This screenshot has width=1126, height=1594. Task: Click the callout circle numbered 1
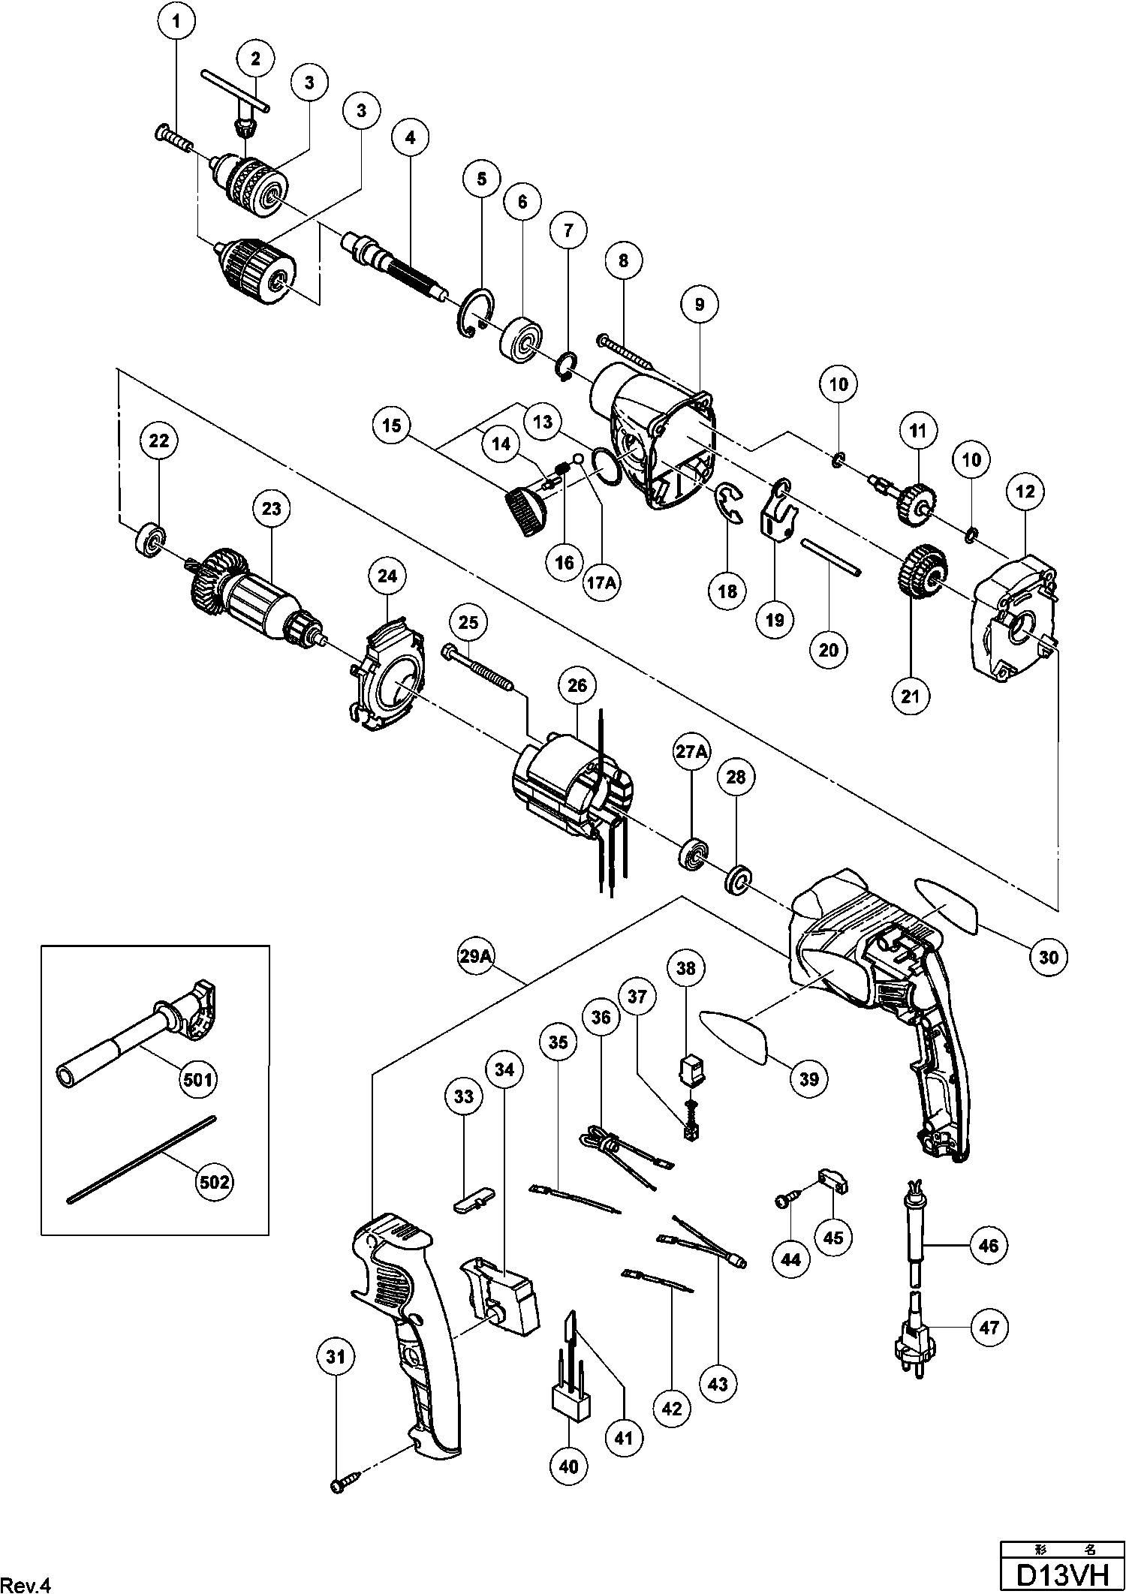coord(176,23)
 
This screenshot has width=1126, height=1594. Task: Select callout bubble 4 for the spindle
coord(410,137)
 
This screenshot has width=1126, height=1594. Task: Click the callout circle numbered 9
coord(699,304)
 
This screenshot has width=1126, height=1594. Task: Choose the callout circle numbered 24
coord(387,576)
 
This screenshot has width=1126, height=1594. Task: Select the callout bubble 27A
coord(691,753)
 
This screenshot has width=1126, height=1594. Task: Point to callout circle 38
coord(685,969)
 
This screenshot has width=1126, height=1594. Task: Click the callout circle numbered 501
coord(199,1080)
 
